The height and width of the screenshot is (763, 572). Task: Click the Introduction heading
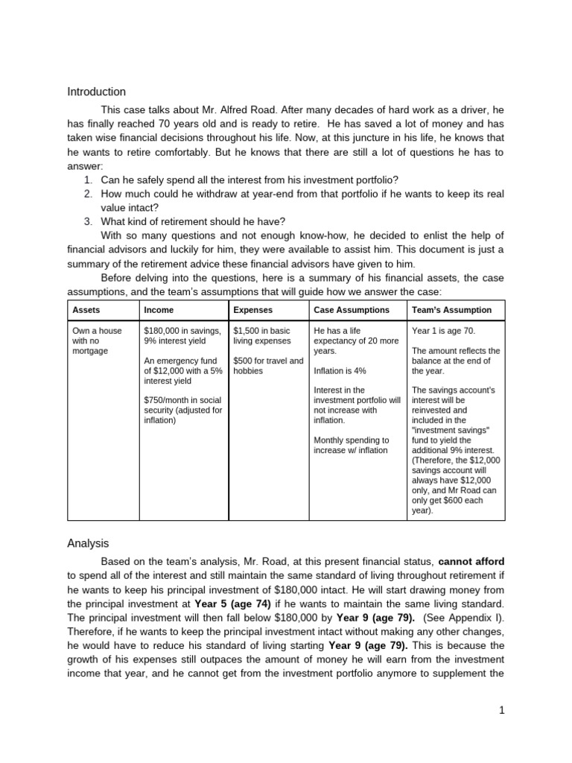97,92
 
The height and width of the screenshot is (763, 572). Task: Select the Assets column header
85,310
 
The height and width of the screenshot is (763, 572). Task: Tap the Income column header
158,310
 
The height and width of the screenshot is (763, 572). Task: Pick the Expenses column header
252,310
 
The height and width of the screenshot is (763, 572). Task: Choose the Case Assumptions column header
352,310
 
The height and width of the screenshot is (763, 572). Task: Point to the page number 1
503,710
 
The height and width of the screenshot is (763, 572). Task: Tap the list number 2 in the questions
87,194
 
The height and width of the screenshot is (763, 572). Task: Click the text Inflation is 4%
340,370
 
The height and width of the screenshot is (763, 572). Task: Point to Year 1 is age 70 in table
443,331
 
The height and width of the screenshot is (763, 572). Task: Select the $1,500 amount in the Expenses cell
247,331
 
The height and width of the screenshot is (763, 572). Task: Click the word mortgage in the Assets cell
89,350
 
